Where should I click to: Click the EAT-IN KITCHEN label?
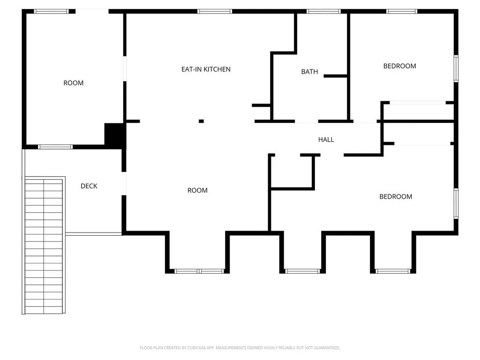point(206,69)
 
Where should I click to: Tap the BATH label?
point(309,72)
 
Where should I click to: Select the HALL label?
point(326,140)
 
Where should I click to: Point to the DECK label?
point(89,186)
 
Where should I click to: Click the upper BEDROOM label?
point(400,66)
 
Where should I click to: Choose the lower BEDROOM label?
point(396,196)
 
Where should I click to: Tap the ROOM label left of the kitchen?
point(74,83)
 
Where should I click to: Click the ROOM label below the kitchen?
point(197,190)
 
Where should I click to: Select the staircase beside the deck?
point(44,246)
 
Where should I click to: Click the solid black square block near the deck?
point(115,134)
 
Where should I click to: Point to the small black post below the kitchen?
point(201,121)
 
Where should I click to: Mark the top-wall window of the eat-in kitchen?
point(215,11)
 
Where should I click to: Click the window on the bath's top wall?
point(323,11)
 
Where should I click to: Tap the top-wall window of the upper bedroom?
point(402,11)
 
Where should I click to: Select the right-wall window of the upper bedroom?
point(456,68)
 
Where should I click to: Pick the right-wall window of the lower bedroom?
point(456,203)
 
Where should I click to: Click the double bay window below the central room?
point(199,271)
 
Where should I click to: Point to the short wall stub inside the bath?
point(335,76)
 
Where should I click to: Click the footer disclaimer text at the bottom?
point(240,348)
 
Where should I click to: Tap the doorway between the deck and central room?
point(124,184)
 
